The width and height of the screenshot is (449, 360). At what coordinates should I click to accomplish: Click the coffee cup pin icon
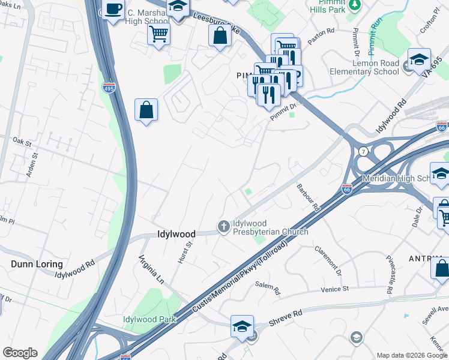tap(113, 10)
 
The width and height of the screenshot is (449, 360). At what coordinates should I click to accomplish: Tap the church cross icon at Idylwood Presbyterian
tap(223, 227)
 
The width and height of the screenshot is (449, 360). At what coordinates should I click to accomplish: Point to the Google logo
tap(20, 353)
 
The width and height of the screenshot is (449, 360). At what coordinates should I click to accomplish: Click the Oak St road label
tap(22, 141)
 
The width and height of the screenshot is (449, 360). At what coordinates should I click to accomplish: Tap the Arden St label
tap(33, 164)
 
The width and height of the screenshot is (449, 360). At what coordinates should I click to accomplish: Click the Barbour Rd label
tap(309, 197)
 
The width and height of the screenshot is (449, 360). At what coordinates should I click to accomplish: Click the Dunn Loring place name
tap(37, 264)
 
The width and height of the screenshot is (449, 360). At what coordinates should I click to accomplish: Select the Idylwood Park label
tap(149, 319)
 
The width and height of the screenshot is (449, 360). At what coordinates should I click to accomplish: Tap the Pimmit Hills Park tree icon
tap(355, 5)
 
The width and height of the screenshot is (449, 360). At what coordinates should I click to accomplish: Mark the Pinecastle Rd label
tap(390, 277)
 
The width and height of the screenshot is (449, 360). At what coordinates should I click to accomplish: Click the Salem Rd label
tap(268, 290)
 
